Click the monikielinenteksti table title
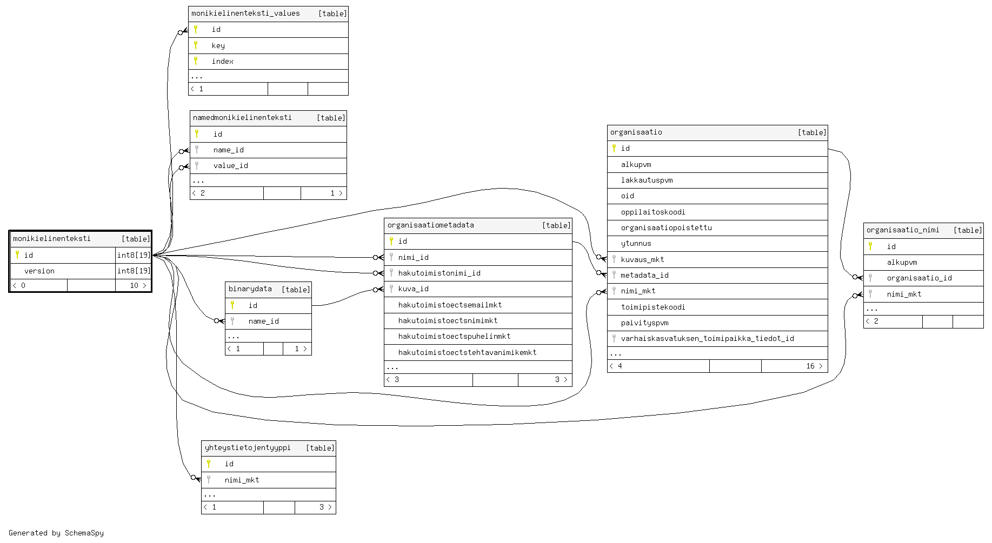pos(52,239)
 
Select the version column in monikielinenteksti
pos(39,271)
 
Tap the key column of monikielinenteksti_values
pos(218,46)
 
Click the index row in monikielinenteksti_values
pos(223,62)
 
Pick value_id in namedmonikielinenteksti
pos(231,166)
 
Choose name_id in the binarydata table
pos(264,321)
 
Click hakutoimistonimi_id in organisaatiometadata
pos(440,273)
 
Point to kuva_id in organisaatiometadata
pos(414,289)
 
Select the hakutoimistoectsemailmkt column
pos(450,305)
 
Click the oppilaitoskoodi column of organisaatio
pos(653,212)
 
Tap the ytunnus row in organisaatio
pos(636,244)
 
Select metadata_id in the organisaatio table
pos(645,276)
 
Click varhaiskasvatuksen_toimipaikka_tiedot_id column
pos(708,339)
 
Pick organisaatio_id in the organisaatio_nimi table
pos(920,278)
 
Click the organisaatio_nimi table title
pos(903,230)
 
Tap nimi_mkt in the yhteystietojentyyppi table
pos(242,480)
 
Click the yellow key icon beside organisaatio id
pos(614,148)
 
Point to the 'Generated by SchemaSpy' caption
pos(56,533)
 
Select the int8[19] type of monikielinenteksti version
pos(134,271)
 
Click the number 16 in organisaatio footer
pos(810,366)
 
